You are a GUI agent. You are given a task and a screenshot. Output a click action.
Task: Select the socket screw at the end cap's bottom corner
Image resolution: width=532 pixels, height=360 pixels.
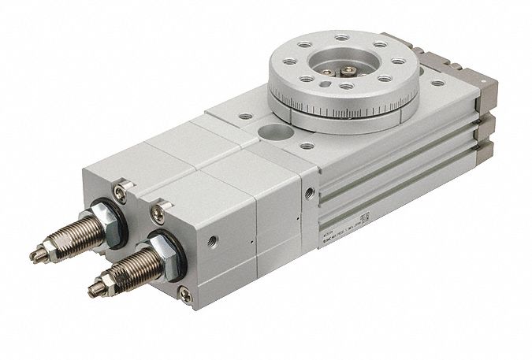[x=186, y=295]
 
